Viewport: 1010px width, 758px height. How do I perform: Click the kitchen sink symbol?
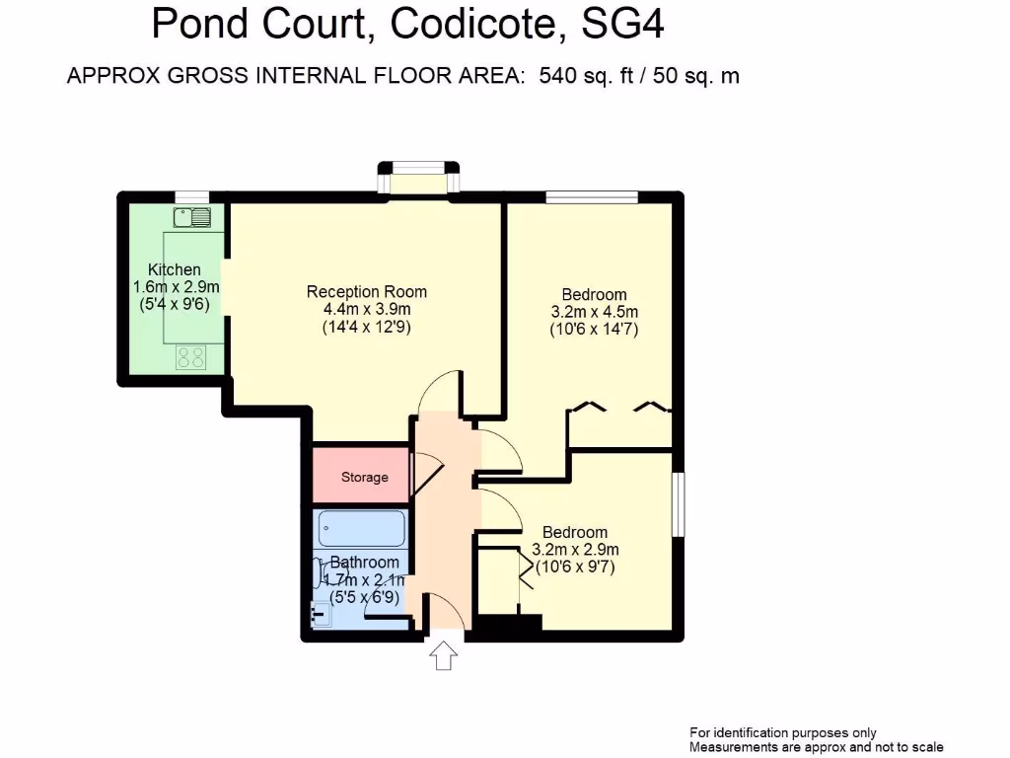(192, 217)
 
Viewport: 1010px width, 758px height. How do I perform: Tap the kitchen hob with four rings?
(191, 356)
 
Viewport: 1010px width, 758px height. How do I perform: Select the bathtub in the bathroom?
(362, 529)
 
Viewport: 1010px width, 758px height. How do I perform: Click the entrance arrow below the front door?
(444, 655)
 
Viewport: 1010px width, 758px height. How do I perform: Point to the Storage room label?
(365, 478)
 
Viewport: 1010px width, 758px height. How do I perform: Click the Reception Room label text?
(367, 291)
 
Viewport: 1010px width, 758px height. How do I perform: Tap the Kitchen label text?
(175, 269)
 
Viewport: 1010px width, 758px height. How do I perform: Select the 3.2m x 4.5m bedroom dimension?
(595, 313)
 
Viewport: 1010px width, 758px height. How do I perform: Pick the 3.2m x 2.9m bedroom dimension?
(576, 550)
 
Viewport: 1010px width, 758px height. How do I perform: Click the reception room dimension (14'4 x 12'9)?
(367, 328)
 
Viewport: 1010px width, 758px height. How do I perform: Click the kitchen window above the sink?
(192, 196)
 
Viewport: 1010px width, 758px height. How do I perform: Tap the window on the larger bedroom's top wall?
(592, 196)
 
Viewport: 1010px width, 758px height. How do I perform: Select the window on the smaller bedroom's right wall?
(679, 505)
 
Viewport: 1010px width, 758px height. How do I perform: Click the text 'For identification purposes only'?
(783, 732)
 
